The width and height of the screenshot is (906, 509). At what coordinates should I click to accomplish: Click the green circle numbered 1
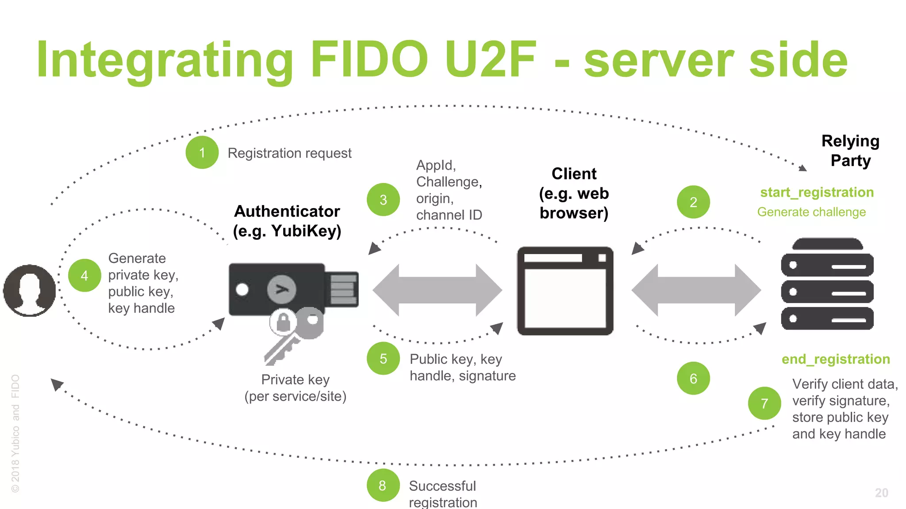202,153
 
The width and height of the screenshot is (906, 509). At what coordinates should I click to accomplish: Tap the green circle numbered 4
84,276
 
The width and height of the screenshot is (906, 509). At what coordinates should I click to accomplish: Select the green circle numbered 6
693,379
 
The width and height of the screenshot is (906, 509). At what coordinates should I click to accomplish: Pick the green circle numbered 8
383,486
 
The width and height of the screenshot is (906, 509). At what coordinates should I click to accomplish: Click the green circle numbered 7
764,403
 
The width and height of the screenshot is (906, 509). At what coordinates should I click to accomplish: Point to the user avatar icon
30,290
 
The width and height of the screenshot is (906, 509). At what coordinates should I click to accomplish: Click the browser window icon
565,291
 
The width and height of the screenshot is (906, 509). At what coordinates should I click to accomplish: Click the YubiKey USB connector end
343,289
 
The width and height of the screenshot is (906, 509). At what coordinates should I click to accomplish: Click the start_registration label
817,193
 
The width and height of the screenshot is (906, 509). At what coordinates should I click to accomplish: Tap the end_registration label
835,359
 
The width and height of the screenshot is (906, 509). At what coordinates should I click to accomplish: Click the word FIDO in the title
369,60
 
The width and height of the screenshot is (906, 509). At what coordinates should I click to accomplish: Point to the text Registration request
289,153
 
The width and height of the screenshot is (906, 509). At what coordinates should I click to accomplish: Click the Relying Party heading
850,151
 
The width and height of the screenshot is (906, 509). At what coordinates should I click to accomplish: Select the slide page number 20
881,493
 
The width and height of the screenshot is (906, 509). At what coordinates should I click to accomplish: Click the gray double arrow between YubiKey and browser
437,290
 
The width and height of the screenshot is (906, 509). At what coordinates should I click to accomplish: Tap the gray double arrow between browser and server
696,290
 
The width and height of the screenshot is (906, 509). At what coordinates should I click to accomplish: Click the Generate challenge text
811,212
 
